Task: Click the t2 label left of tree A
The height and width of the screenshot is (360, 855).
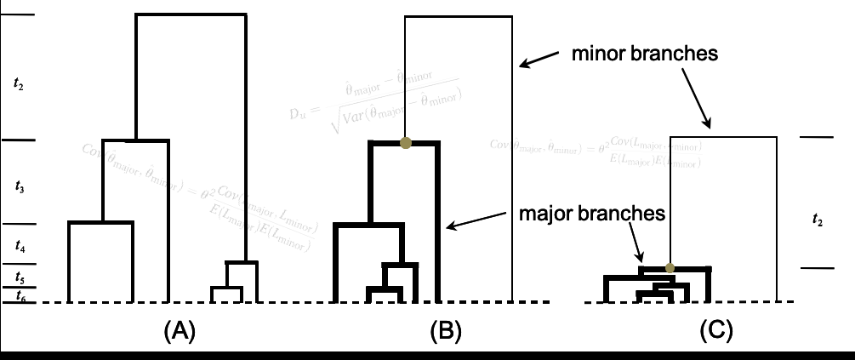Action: tap(19, 83)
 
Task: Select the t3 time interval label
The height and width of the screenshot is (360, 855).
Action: tap(19, 186)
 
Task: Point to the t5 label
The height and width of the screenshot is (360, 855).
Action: tap(19, 278)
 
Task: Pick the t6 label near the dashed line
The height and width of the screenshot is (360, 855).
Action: tap(19, 294)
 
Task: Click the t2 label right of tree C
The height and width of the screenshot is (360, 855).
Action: tap(818, 220)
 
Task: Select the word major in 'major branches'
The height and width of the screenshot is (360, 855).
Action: tap(546, 213)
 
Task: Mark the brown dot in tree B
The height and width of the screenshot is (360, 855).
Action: tap(407, 142)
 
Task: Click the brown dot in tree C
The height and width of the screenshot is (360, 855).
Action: tap(670, 268)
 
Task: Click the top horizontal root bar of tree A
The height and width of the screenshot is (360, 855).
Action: tap(191, 15)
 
